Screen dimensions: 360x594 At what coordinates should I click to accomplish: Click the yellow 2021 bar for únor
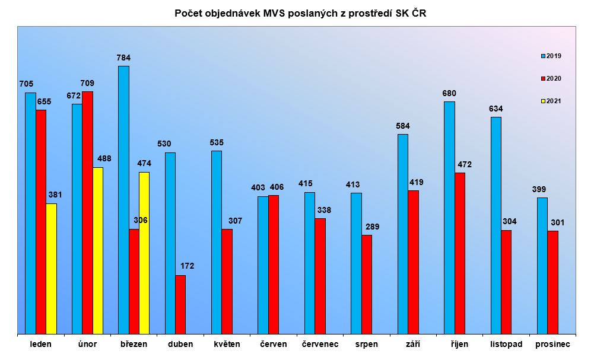pyautogui.click(x=98, y=251)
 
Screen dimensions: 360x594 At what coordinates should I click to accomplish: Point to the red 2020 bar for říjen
pyautogui.click(x=460, y=254)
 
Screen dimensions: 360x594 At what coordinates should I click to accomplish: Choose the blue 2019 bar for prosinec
pyautogui.click(x=542, y=266)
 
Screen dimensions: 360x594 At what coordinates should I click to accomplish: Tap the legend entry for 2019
pyautogui.click(x=551, y=56)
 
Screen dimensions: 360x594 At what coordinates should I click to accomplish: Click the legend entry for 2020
pyautogui.click(x=551, y=78)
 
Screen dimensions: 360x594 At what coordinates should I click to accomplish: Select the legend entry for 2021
pyautogui.click(x=551, y=101)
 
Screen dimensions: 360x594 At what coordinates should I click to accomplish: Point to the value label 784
pyautogui.click(x=123, y=58)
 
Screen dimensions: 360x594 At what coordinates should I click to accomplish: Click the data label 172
pyautogui.click(x=187, y=266)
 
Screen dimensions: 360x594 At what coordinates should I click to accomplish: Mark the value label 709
pyautogui.click(x=87, y=83)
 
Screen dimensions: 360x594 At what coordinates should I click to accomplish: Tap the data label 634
pyautogui.click(x=495, y=109)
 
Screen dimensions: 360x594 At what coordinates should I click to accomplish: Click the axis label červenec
pyautogui.click(x=320, y=344)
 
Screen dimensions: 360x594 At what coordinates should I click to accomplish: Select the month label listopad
pyautogui.click(x=506, y=344)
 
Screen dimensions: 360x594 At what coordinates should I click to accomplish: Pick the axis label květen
pyautogui.click(x=227, y=344)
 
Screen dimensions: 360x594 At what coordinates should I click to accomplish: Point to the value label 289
pyautogui.click(x=373, y=227)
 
